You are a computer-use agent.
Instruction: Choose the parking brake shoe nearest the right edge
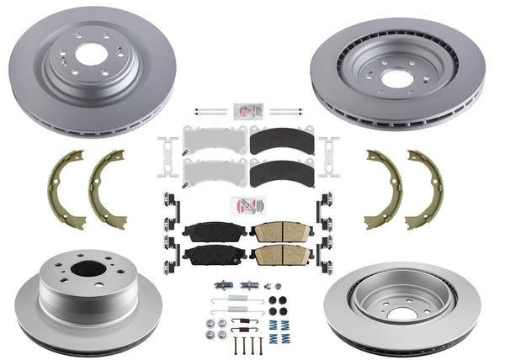coord(425,189)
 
